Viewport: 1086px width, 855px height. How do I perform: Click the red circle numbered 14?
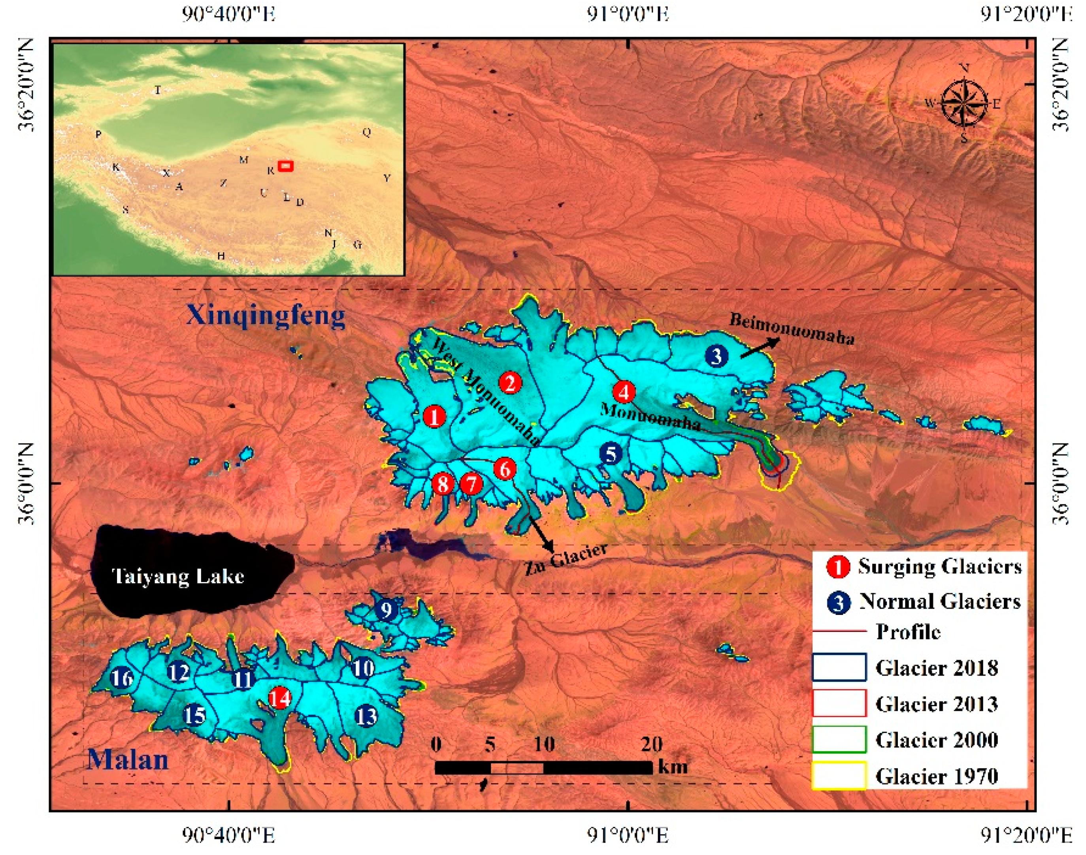pyautogui.click(x=279, y=698)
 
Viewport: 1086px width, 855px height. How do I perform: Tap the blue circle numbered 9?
pyautogui.click(x=386, y=610)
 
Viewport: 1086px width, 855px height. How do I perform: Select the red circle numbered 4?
pyautogui.click(x=624, y=392)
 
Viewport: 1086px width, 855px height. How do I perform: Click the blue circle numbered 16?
pyautogui.click(x=122, y=678)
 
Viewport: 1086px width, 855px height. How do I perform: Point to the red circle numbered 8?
pyautogui.click(x=442, y=484)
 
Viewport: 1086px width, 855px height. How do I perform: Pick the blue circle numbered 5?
pyautogui.click(x=611, y=454)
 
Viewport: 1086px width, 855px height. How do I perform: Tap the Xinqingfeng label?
pyautogui.click(x=266, y=316)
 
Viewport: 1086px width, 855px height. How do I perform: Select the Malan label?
pyautogui.click(x=128, y=759)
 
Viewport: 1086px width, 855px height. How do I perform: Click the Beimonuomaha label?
pyautogui.click(x=792, y=329)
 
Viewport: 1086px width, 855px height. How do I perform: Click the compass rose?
pyautogui.click(x=964, y=103)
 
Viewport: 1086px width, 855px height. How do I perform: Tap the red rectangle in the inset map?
pyautogui.click(x=285, y=166)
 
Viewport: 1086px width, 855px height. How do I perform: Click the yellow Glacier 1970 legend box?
pyautogui.click(x=839, y=775)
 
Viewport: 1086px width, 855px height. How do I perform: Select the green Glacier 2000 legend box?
pyautogui.click(x=839, y=739)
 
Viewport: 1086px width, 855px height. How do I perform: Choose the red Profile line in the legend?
pyautogui.click(x=839, y=632)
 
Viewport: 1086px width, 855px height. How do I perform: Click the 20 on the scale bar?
pyautogui.click(x=651, y=745)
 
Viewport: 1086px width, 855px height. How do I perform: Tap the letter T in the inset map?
pyautogui.click(x=158, y=90)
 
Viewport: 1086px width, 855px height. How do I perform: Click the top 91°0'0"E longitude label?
pyautogui.click(x=628, y=14)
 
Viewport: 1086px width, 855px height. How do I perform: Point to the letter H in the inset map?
pyautogui.click(x=221, y=256)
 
